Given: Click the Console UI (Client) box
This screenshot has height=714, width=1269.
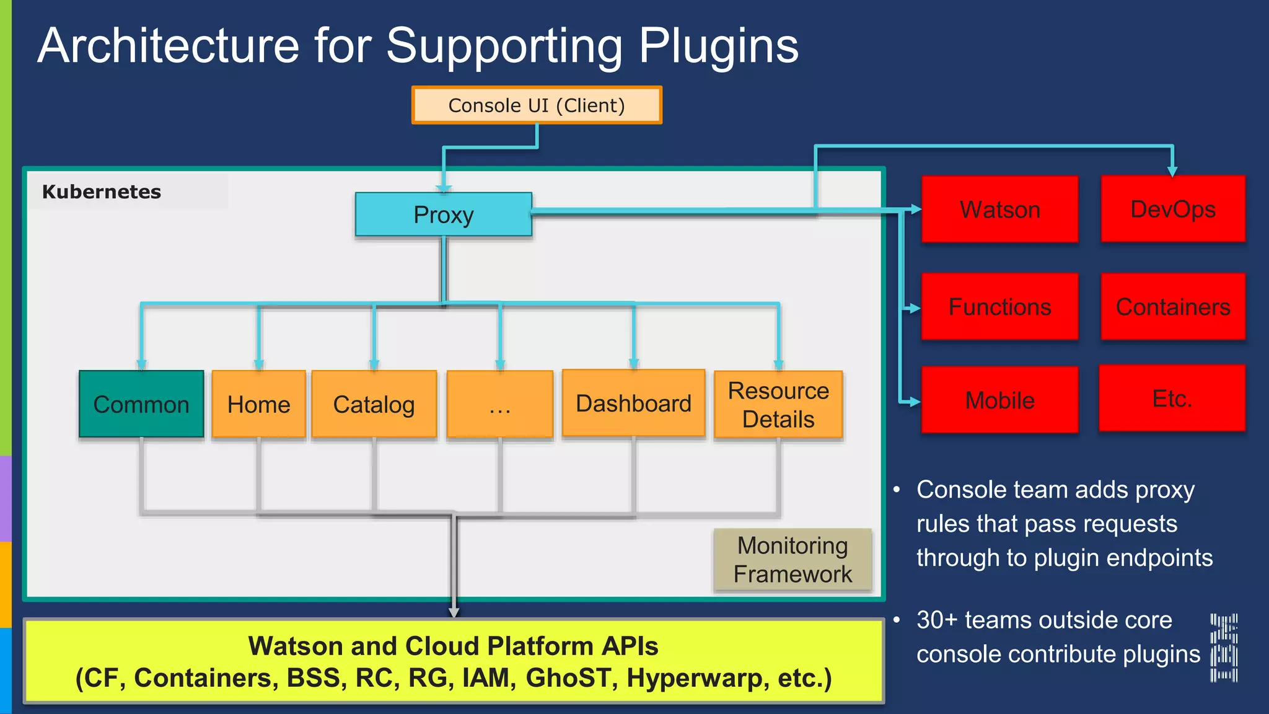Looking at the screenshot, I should [537, 105].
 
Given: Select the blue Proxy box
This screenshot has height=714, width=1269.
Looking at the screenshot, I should [444, 214].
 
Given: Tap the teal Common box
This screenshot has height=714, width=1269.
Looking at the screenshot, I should [141, 404].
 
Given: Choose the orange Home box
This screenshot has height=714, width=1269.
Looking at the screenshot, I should [258, 404].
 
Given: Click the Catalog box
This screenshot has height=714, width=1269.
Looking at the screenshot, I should [374, 404].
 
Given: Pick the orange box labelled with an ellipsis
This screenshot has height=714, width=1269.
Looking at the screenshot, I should [499, 404].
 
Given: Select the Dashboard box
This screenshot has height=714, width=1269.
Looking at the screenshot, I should [633, 403].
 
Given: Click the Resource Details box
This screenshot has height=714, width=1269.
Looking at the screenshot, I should [778, 405].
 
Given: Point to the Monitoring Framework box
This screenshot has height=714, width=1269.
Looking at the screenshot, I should [793, 559].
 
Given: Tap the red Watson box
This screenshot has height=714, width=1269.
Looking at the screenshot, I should [999, 209].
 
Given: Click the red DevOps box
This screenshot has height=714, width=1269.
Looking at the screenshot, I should [1172, 209].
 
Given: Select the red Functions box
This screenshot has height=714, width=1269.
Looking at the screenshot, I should [999, 307].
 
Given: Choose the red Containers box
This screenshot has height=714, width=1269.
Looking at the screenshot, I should [1172, 307].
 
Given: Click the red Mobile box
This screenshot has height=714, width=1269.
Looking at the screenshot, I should [999, 400].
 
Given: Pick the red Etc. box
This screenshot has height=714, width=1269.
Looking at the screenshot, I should [1172, 399].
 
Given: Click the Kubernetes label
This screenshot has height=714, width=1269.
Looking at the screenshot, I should [102, 192].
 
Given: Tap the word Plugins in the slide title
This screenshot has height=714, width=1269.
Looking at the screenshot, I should [718, 46].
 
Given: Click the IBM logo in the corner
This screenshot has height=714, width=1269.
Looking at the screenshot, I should [1224, 648].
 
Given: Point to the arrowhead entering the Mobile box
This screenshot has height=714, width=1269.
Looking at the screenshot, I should [915, 402].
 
